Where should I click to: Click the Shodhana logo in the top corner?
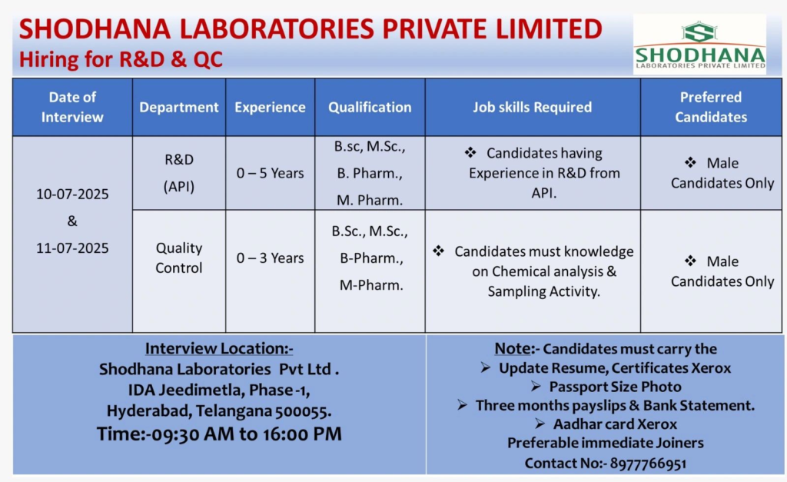[699, 45]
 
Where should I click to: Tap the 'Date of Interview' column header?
[72, 108]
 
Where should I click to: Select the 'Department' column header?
[179, 108]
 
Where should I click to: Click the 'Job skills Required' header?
[532, 108]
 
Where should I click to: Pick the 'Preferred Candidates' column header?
[710, 108]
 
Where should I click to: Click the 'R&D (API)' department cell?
[179, 174]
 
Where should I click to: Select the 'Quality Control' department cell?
[179, 258]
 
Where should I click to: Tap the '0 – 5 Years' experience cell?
[270, 174]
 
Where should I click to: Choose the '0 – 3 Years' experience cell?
[270, 258]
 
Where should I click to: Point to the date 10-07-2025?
[72, 194]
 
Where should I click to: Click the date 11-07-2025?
[72, 248]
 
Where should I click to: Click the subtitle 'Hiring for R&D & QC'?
[121, 59]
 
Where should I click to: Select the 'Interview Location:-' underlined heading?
[219, 349]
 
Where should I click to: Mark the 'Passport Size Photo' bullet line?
[615, 387]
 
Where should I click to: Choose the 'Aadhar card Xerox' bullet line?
[615, 424]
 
